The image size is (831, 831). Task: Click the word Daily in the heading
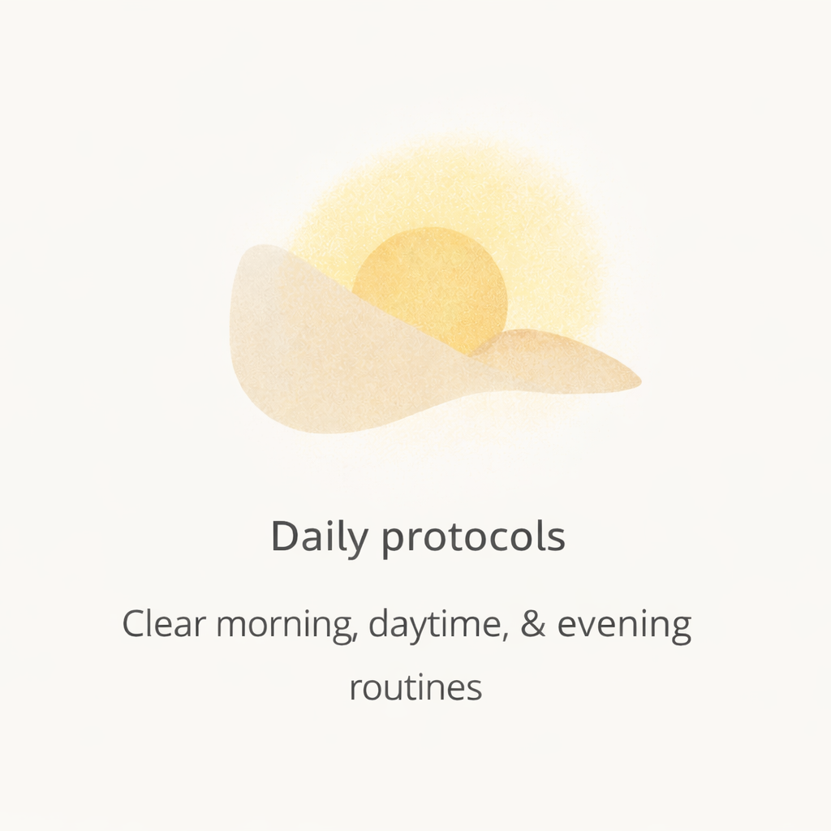319,537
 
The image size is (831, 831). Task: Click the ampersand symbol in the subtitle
533,625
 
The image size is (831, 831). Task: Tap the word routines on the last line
415,688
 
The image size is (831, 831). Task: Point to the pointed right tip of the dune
638,380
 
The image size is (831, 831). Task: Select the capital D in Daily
285,536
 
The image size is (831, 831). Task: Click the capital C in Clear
135,625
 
